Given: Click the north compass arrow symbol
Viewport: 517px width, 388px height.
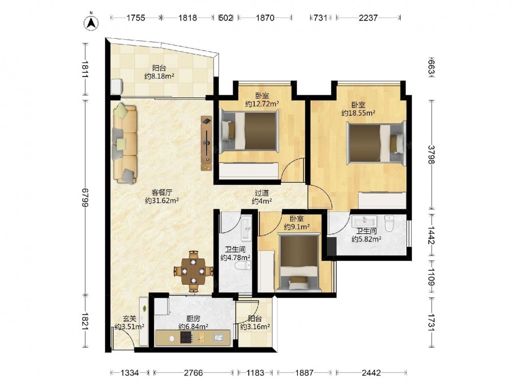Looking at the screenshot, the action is coord(92,22).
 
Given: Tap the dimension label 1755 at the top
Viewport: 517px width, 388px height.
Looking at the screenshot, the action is coord(136,18).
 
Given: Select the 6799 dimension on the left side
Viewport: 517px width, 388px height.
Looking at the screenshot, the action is coord(86,198).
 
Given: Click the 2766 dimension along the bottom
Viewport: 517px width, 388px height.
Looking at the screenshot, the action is coord(193,373).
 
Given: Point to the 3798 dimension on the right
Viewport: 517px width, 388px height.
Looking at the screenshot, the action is coord(431,154).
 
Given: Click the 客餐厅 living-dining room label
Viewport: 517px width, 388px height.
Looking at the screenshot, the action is coord(162,192).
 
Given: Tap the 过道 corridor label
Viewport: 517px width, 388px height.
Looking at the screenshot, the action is coord(262,193).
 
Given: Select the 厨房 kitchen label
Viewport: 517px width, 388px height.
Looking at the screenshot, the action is coord(193,319).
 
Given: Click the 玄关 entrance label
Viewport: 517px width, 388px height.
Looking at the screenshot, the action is coord(130,319).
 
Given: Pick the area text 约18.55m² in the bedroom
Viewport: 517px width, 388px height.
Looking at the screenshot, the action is coord(358,113).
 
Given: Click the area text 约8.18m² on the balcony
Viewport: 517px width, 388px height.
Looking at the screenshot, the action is coord(159,76).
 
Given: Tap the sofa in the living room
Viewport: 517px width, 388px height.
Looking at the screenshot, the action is coord(125,143).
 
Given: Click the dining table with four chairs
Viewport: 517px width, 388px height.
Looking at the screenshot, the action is coord(193,272).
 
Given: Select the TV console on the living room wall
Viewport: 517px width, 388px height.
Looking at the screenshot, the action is coord(207,143).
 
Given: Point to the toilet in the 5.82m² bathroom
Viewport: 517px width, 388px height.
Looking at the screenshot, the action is coord(389,223).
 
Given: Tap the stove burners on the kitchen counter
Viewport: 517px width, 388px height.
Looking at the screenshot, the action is coord(186,337).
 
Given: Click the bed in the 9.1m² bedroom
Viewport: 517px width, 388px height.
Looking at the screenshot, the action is coord(299,262).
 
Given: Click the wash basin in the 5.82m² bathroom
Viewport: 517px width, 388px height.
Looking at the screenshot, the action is coord(364,220).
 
